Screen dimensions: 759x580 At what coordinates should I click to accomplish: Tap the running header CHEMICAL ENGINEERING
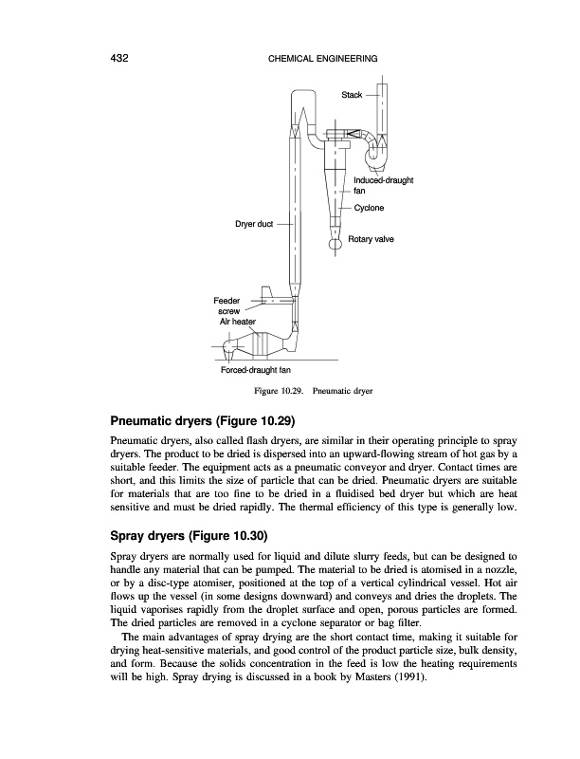point(317,60)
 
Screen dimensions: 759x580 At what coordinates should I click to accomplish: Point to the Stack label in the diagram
point(352,96)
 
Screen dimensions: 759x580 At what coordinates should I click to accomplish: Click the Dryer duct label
point(254,224)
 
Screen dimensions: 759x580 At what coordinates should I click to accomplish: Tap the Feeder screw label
point(229,305)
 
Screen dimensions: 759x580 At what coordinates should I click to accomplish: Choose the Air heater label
point(238,322)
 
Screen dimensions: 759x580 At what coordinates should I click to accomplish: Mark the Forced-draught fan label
point(255,369)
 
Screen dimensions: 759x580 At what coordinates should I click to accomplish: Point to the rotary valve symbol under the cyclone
point(335,244)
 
